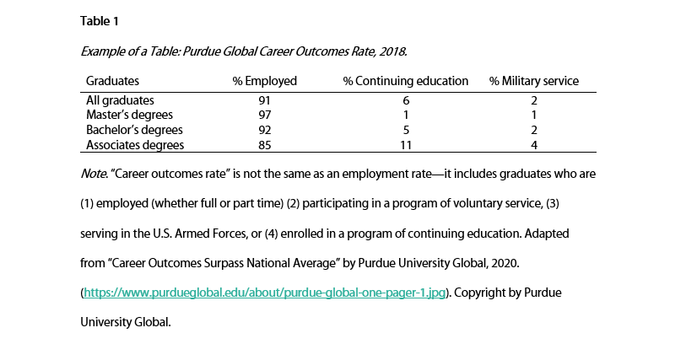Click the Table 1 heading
(x=100, y=20)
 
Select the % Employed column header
(x=265, y=81)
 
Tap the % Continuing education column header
(x=405, y=81)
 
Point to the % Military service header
(x=534, y=81)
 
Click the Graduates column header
(x=112, y=81)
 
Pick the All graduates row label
(x=119, y=99)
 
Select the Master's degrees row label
(x=129, y=115)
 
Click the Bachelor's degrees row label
(x=134, y=130)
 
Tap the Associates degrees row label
(x=135, y=145)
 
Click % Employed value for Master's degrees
(x=265, y=115)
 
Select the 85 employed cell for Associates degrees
(x=265, y=145)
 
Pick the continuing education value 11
(x=406, y=145)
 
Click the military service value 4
(x=534, y=145)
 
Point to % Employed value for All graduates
(x=265, y=99)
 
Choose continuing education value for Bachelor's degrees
(x=406, y=130)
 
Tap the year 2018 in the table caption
(x=394, y=51)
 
